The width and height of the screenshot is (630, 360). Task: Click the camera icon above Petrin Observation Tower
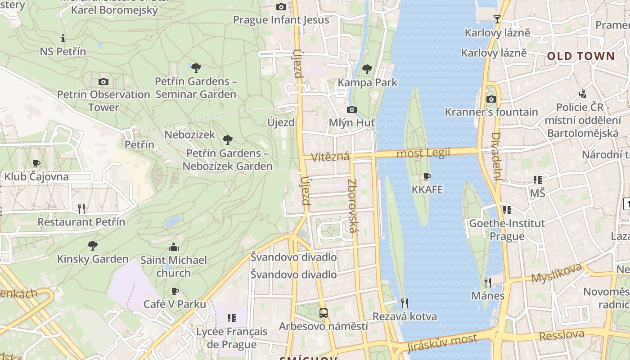[103, 81]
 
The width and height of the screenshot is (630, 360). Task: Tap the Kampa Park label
[367, 82]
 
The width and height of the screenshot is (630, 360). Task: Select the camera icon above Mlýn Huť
[352, 109]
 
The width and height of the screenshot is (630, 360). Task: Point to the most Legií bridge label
[423, 153]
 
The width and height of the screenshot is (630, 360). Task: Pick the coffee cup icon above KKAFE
[427, 176]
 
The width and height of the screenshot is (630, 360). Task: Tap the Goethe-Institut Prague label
[507, 229]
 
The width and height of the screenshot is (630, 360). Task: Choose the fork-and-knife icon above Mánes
[488, 282]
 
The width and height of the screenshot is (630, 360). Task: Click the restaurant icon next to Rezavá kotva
[404, 303]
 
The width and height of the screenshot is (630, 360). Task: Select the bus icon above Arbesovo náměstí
[323, 313]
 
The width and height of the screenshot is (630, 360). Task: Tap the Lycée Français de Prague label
[232, 338]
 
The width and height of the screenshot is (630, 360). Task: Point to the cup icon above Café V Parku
[175, 291]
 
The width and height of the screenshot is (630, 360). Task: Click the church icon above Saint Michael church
[174, 247]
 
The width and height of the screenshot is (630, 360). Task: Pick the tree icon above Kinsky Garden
[93, 246]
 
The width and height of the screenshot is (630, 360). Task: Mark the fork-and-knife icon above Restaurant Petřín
[81, 208]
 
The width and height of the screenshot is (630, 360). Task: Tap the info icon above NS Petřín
[63, 38]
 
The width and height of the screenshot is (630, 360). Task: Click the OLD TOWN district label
[580, 56]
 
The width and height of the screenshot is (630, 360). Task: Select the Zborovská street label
[352, 206]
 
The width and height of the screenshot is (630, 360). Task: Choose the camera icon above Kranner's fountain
[491, 99]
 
